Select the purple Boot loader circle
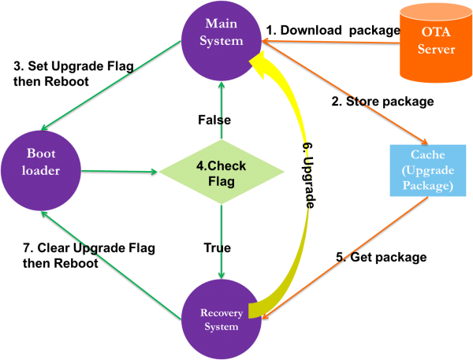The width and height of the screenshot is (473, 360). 41,169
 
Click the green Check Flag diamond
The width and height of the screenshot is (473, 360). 221,170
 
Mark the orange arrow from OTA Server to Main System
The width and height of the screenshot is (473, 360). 331,40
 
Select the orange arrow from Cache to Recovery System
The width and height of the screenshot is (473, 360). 347,257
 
